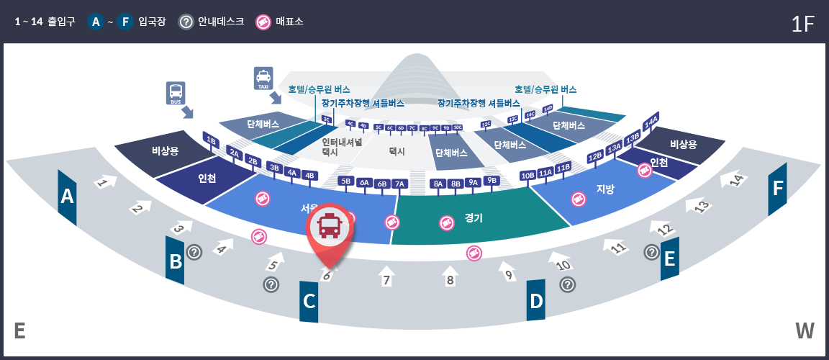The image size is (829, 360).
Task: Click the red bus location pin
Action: tap(330, 227)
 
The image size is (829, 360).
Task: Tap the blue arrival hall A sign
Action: tap(68, 197)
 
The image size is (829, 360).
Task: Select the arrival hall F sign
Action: tap(777, 189)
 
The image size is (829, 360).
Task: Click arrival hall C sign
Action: tap(309, 301)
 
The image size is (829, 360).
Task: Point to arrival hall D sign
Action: tap(536, 301)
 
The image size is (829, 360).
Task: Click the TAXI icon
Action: tap(263, 78)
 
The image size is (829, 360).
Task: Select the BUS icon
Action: tap(176, 93)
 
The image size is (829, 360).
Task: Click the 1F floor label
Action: tap(802, 24)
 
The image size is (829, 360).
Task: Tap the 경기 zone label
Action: tap(474, 217)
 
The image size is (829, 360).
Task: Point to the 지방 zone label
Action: tap(606, 189)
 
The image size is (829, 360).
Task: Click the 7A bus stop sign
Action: tap(399, 184)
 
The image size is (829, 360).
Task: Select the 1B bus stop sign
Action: tap(211, 140)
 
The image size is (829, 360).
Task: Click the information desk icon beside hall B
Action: tap(194, 252)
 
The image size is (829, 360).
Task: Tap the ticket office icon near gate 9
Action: tap(474, 253)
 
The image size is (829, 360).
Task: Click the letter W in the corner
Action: tap(805, 330)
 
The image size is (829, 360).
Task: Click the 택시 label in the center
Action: tap(397, 151)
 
